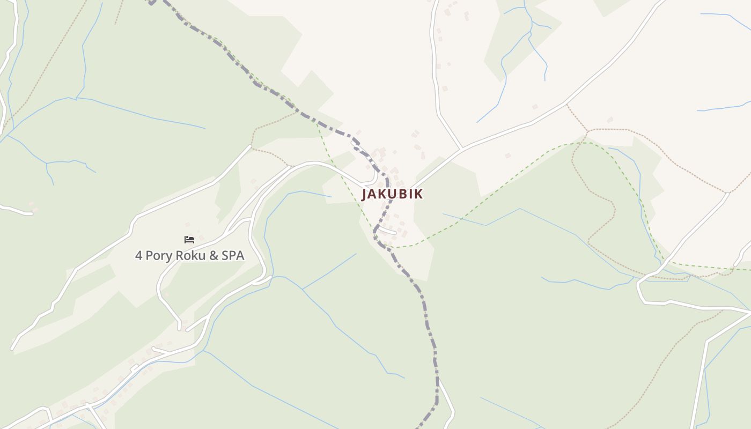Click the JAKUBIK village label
tap(392, 194)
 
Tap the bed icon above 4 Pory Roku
tap(189, 239)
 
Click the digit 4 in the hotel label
tap(139, 256)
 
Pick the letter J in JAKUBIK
tap(364, 194)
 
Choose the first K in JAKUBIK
tap(381, 194)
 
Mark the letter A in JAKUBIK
tap(372, 194)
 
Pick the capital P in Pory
tap(150, 256)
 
